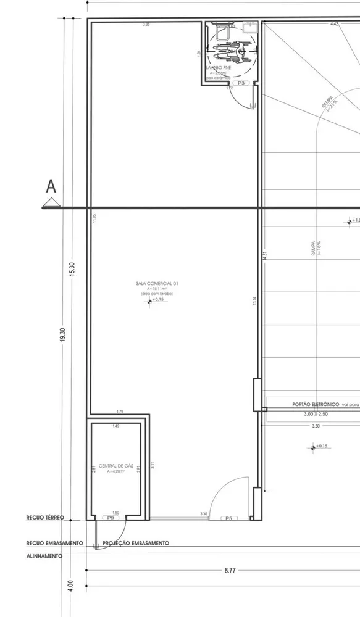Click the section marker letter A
[51, 186]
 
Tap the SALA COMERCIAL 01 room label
[157, 284]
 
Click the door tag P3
[241, 83]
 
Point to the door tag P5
[228, 518]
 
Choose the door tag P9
[111, 518]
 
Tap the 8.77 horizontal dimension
[230, 571]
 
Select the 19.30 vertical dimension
[63, 337]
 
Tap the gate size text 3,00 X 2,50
[316, 415]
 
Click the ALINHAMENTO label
[44, 556]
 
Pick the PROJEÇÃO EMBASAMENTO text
[135, 544]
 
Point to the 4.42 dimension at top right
[334, 24]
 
